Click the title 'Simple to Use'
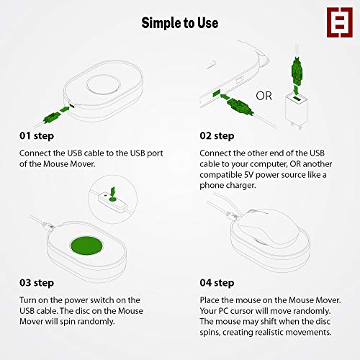tap(179, 23)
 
